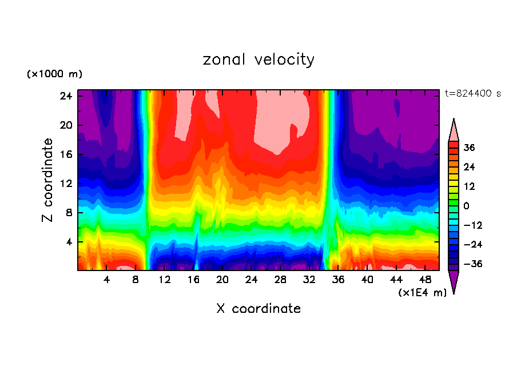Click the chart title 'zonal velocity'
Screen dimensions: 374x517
[258, 59]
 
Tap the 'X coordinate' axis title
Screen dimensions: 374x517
[258, 309]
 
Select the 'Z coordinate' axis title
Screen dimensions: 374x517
[48, 180]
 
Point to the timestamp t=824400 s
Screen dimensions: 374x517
[473, 93]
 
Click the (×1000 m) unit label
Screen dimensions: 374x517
[54, 74]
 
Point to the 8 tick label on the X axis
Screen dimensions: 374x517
[136, 280]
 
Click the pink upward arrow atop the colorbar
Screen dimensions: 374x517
[454, 129]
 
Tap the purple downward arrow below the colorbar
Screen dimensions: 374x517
[454, 281]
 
